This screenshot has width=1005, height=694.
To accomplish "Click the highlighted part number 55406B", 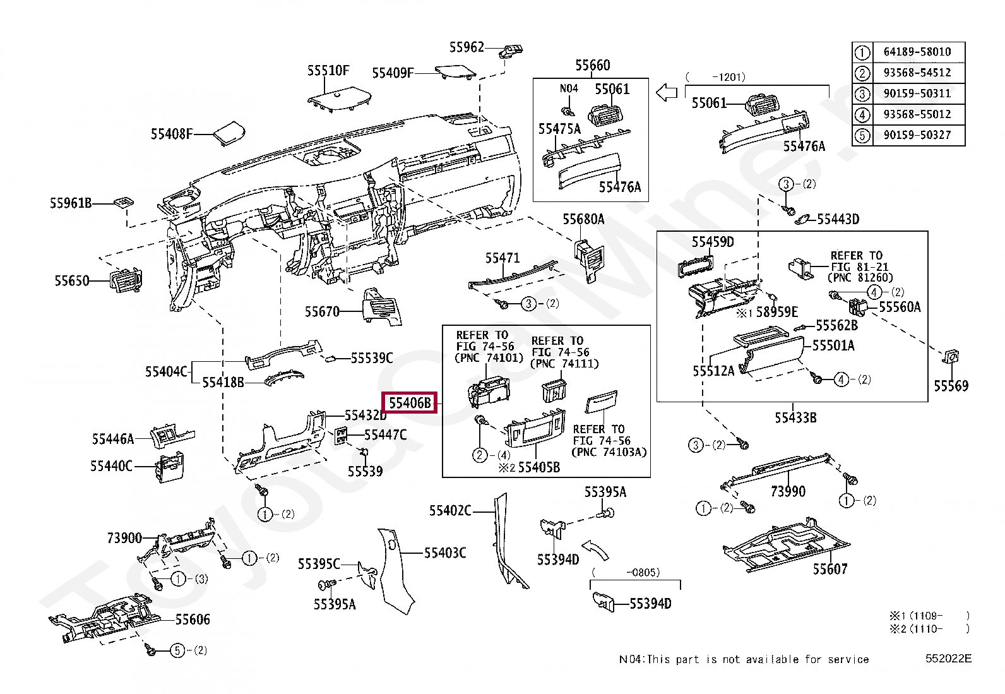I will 410,402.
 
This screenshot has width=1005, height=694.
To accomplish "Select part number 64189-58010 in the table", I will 917,52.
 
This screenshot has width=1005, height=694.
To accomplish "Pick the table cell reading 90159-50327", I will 917,135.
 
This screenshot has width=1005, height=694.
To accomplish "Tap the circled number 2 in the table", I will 862,73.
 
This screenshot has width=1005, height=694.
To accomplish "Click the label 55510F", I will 328,71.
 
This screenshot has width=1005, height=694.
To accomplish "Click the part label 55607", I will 830,570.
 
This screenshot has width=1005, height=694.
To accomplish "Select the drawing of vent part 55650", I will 126,281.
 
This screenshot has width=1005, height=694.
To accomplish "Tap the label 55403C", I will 444,553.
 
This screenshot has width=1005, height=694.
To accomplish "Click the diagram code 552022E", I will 948,659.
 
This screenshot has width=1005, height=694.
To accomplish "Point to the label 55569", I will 951,386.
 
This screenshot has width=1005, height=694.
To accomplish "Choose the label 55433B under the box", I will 795,417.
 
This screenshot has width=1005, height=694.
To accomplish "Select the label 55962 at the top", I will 467,47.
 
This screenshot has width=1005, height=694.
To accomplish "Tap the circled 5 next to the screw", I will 177,650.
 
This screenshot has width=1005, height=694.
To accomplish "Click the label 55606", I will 192,619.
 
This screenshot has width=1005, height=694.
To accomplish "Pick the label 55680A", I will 583,219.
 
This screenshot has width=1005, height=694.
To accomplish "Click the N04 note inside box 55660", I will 569,89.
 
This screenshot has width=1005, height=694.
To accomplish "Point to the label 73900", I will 124,538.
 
